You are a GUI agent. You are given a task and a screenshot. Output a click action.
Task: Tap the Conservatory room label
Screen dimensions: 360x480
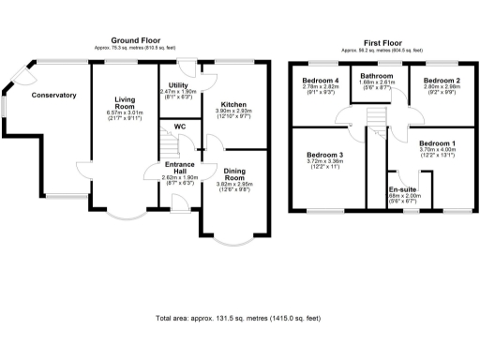click(52, 96)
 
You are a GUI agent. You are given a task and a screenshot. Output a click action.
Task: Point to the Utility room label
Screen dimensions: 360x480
click(177, 85)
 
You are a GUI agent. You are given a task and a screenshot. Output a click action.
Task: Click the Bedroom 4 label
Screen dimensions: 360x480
click(320, 82)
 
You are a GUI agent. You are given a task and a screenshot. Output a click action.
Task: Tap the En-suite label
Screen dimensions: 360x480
click(402, 188)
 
